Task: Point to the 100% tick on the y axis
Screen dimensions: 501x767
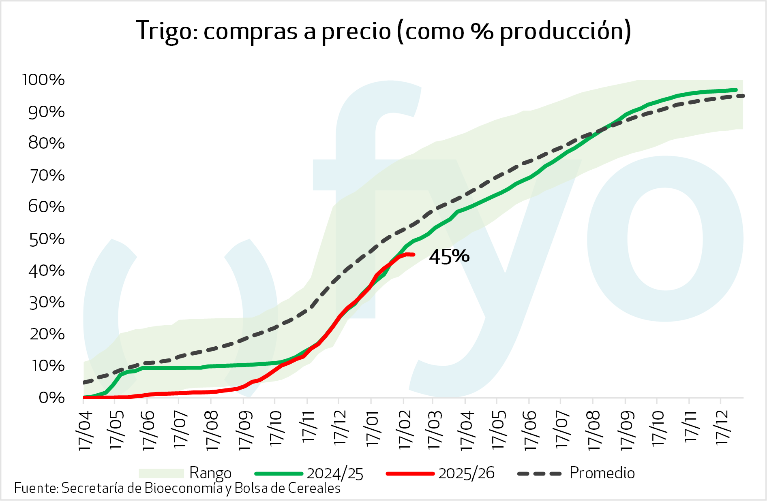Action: click(43, 80)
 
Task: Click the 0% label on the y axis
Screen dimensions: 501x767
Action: click(51, 398)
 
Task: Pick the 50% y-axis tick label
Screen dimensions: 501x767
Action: click(47, 239)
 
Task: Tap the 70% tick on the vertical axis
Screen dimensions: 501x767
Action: click(47, 176)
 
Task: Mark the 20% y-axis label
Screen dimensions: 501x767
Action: click(47, 335)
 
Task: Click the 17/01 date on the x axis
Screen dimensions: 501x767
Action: click(372, 429)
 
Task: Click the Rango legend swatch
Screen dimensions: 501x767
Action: click(161, 473)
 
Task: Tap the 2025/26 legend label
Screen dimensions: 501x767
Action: click(466, 473)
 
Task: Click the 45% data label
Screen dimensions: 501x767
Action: click(449, 256)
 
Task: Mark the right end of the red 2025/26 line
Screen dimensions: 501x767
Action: click(413, 255)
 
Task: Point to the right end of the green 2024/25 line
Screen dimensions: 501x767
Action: click(736, 90)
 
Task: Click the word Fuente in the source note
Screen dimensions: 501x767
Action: click(36, 488)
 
